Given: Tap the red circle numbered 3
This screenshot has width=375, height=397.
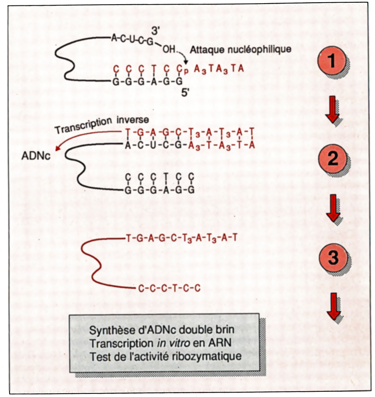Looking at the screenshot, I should pyautogui.click(x=333, y=257).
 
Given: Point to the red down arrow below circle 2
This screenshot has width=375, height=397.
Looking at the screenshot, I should pyautogui.click(x=333, y=208).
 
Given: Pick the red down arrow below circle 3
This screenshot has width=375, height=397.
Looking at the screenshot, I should pyautogui.click(x=333, y=306).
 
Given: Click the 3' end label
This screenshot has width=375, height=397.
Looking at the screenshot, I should pyautogui.click(x=155, y=31).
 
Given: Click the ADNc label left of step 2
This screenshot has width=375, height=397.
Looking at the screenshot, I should pyautogui.click(x=36, y=156).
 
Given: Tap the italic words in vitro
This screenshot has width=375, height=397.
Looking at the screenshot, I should pyautogui.click(x=173, y=343).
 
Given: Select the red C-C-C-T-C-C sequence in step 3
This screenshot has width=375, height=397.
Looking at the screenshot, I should pyautogui.click(x=169, y=288).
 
